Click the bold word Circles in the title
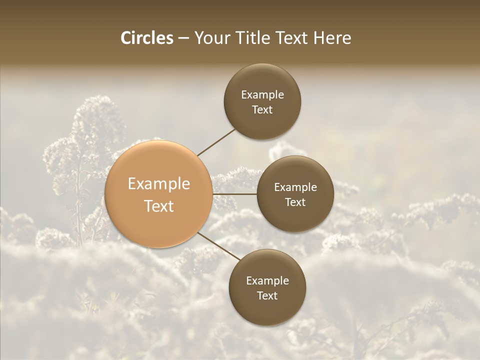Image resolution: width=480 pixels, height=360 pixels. pos(146,38)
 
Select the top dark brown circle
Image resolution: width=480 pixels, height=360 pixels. pos(262,101)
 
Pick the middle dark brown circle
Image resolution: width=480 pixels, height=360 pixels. pos(295,194)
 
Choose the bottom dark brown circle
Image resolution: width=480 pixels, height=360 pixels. pos(267,287)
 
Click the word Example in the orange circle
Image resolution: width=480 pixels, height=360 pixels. pos(159,184)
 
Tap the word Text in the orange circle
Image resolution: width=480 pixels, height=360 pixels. pos(159,206)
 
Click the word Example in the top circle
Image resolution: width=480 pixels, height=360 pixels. pos(262,95)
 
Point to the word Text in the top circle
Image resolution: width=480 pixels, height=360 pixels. pos(262,109)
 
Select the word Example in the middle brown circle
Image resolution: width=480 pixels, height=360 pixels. pos(295,187)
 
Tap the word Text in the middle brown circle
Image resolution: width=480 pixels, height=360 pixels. pos(295,202)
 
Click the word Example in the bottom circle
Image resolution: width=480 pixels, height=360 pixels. pos(267,281)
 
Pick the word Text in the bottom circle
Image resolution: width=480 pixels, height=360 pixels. pos(267,295)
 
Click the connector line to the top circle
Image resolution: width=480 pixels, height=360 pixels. pos(216,141)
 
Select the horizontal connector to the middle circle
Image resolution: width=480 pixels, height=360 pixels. pos(235,194)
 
